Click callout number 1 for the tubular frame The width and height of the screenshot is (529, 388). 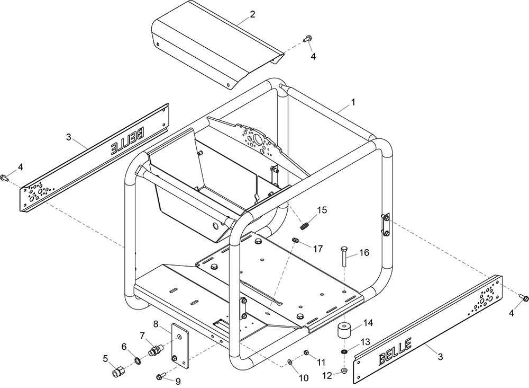tap(353, 102)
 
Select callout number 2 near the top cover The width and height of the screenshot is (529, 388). tap(252, 14)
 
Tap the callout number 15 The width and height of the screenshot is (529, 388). tap(322, 210)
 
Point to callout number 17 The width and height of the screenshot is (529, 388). tap(318, 249)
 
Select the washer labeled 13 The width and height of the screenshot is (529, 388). tap(344, 352)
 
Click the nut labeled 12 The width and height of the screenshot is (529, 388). tap(344, 371)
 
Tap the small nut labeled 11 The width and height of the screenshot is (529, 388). tap(306, 353)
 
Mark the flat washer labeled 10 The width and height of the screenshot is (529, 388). tap(290, 362)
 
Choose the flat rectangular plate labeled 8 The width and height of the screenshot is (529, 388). tap(180, 346)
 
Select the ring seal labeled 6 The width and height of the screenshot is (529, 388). tap(138, 361)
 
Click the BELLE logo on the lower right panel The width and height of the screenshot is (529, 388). tap(395, 352)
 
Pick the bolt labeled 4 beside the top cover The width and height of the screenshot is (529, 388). tap(307, 39)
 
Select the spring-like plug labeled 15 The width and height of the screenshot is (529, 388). tap(304, 225)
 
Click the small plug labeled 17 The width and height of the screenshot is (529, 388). tap(296, 240)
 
